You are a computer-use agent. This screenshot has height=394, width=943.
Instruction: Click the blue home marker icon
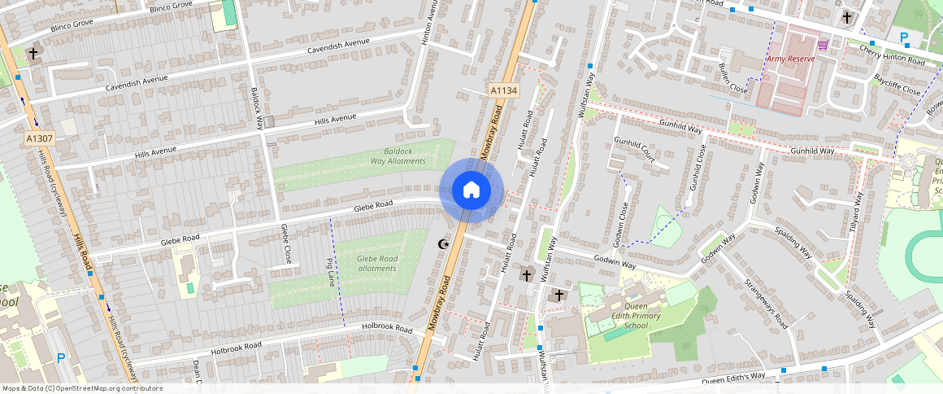coord(471,190)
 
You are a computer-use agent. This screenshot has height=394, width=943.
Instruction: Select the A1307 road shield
coord(39,138)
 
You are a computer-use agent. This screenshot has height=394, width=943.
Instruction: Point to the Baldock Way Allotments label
coord(398,156)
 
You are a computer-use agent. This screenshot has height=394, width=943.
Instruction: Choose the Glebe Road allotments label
coord(377,263)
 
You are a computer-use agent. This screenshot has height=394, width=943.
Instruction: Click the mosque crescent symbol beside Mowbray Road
coord(443,243)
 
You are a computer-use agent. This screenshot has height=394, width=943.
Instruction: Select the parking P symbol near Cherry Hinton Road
coord(904,37)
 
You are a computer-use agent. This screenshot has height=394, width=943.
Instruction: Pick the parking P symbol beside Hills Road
coord(61,357)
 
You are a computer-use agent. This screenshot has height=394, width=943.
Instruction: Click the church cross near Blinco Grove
coord(33,55)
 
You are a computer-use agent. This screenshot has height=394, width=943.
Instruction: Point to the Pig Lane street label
coord(330,273)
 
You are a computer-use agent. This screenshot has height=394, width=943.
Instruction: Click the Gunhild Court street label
coord(634,151)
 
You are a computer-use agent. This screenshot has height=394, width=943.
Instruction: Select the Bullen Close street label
coord(732,78)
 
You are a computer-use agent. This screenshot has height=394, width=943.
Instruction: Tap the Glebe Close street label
coord(285,243)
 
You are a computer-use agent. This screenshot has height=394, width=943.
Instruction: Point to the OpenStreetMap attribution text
coord(82,388)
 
